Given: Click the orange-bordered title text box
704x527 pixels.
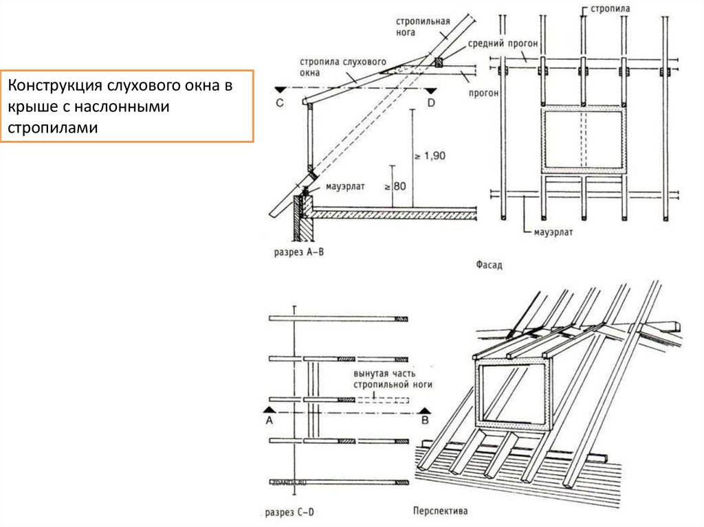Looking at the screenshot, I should [x=127, y=106].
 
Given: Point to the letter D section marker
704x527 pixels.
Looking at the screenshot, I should [x=430, y=103].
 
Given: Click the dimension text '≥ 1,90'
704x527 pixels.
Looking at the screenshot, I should [x=430, y=156].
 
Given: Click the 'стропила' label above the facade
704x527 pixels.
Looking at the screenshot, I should [x=606, y=9].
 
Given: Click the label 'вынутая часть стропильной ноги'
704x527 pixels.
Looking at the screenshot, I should [x=393, y=379].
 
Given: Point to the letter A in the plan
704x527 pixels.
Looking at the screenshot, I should [x=269, y=418].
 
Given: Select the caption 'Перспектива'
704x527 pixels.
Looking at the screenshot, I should [x=441, y=511].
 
